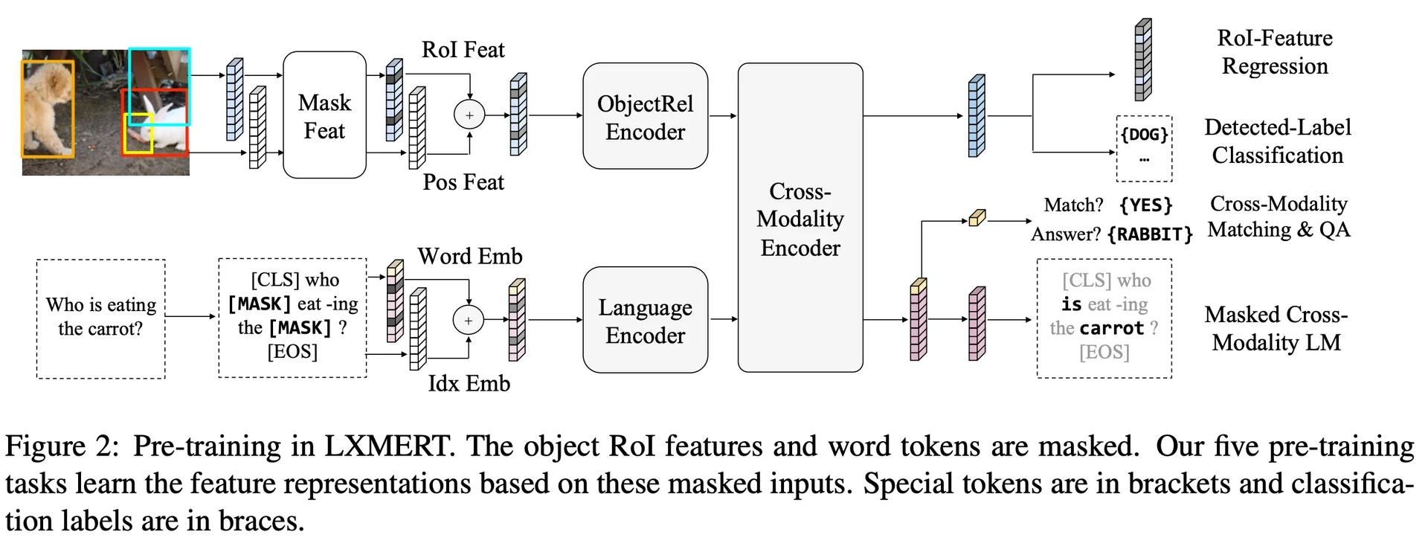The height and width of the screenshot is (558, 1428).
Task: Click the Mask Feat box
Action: (x=324, y=115)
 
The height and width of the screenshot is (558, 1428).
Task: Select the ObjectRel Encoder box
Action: (x=645, y=117)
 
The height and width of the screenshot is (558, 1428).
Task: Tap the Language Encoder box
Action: (x=645, y=321)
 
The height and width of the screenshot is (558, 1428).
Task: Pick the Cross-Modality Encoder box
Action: (x=800, y=218)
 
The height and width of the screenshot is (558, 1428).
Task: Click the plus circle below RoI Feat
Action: (x=469, y=115)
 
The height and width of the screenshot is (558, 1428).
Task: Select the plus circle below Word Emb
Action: (x=469, y=321)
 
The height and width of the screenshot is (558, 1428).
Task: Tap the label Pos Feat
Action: (x=463, y=182)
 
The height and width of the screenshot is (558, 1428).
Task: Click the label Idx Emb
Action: (x=469, y=383)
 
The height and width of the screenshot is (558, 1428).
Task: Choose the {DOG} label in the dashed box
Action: (x=1144, y=135)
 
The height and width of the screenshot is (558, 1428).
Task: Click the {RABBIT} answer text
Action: (x=1150, y=234)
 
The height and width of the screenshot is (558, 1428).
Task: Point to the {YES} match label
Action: (x=1145, y=205)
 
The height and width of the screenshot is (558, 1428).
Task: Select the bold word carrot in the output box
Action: (x=1112, y=328)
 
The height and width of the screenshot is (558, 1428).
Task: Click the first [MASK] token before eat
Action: (x=260, y=304)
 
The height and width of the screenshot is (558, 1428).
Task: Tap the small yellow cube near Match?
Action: (x=977, y=218)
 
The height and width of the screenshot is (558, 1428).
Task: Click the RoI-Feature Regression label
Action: (x=1275, y=52)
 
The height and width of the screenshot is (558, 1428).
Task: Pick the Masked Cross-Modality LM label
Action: (x=1276, y=328)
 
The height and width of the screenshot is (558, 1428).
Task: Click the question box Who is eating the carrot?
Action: (x=101, y=318)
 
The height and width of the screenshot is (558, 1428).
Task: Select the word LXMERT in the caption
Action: (x=387, y=446)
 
